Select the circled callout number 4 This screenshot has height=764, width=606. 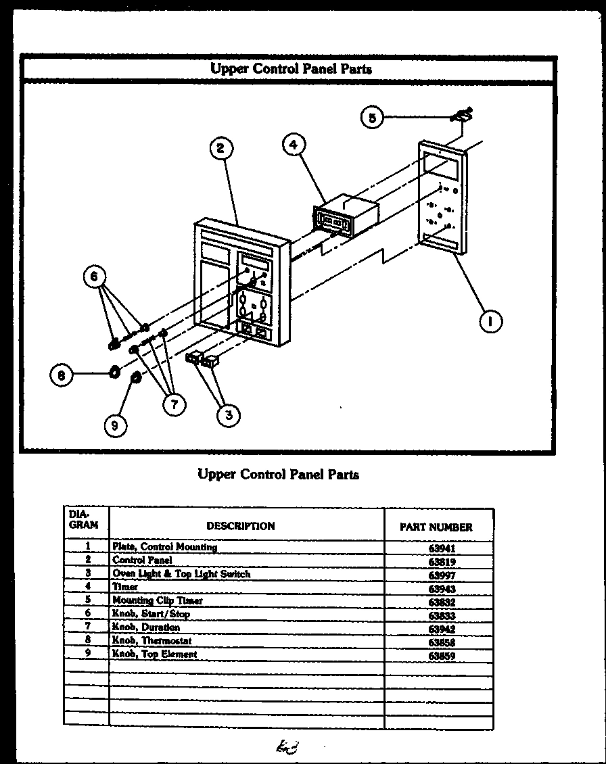tap(294, 144)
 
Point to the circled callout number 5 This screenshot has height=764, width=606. tap(371, 118)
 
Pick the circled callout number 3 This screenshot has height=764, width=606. tap(229, 414)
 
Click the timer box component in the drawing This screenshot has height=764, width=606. tap(345, 216)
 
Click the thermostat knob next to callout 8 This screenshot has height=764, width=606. tap(114, 371)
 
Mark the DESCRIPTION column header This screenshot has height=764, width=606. tap(241, 526)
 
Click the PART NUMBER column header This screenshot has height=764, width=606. tap(436, 527)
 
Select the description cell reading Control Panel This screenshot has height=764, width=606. tap(143, 560)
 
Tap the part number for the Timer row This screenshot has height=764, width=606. tap(442, 589)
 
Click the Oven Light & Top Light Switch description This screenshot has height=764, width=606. tap(181, 573)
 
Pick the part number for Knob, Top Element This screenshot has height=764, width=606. tap(442, 656)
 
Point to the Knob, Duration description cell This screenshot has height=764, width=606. tap(146, 627)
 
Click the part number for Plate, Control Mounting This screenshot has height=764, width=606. tap(442, 549)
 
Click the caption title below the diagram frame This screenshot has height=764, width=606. tap(278, 474)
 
